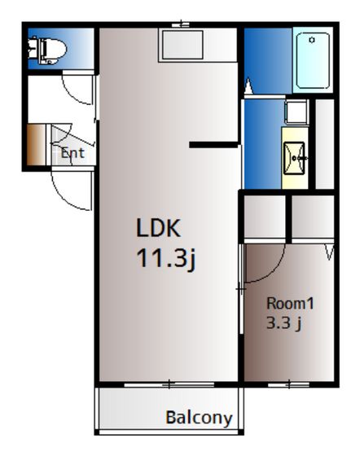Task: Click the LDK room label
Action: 159,228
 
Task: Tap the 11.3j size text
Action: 166,258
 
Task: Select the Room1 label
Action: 290,304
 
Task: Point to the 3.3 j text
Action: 283,322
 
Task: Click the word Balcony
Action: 199,419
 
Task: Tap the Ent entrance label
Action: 72,153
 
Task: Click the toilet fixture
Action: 47,50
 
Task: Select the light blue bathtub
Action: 313,60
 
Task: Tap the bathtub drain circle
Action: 312,40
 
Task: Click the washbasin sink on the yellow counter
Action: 294,158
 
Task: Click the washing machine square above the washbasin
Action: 296,112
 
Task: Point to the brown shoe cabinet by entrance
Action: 37,145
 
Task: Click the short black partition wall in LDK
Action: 214,145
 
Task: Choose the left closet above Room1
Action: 265,217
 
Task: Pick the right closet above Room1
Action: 313,217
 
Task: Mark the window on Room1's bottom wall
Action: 288,384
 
